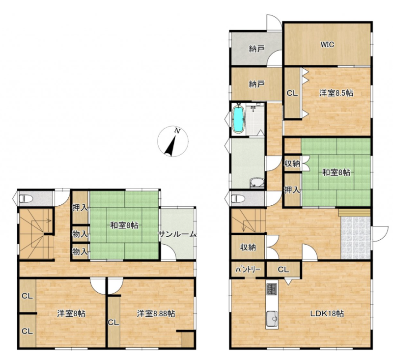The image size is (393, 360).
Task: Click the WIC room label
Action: [x=327, y=45]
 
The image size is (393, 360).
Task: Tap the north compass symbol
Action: [x=173, y=141]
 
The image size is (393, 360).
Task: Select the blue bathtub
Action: [x=238, y=119]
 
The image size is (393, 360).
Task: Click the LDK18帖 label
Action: [x=327, y=313]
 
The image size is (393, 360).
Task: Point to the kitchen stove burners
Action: [x=272, y=289]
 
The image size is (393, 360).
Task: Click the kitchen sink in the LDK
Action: [x=272, y=319]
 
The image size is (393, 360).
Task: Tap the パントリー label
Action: [x=248, y=269]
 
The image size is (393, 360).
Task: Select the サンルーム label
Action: [x=177, y=234]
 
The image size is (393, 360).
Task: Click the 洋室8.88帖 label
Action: [x=156, y=313]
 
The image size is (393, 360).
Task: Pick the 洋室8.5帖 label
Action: [x=337, y=93]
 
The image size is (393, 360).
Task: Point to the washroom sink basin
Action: [x=256, y=183]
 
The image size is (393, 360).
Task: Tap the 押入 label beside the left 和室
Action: [x=80, y=207]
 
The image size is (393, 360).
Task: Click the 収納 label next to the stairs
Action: [x=248, y=247]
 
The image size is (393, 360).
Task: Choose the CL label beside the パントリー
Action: [x=283, y=270]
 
